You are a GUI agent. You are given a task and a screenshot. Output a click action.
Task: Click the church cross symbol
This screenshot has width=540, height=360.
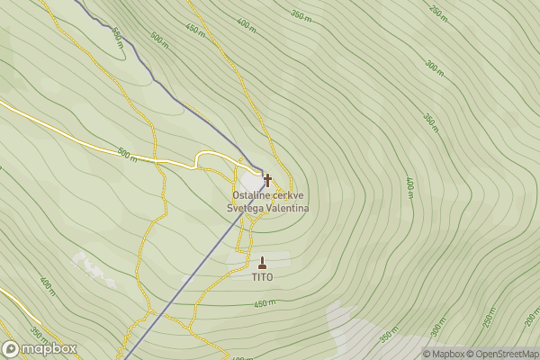pyautogui.click(x=267, y=180)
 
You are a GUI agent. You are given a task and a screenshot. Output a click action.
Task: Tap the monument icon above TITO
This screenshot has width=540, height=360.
pyautogui.click(x=263, y=263)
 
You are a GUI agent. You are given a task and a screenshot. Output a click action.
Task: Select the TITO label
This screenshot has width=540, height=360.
pyautogui.click(x=263, y=277)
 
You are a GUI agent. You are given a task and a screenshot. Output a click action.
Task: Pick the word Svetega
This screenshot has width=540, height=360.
pyautogui.click(x=246, y=208)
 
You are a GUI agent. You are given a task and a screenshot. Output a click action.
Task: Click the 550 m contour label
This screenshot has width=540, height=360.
pyautogui.click(x=117, y=38)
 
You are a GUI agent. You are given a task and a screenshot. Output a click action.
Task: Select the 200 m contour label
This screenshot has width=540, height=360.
pyautogui.click(x=532, y=319)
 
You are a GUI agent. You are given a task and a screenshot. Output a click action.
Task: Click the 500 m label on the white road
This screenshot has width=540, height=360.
pyautogui.click(x=127, y=155)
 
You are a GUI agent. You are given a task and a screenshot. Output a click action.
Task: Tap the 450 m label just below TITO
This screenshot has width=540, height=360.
pyautogui.click(x=265, y=303)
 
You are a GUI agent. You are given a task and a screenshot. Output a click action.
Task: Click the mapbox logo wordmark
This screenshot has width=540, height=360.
pyautogui.click(x=49, y=349)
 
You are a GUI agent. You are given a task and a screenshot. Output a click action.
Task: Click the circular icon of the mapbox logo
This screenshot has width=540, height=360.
pyautogui.click(x=12, y=349)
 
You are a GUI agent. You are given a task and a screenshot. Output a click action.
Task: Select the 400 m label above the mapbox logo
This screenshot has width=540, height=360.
pyautogui.click(x=48, y=287)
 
